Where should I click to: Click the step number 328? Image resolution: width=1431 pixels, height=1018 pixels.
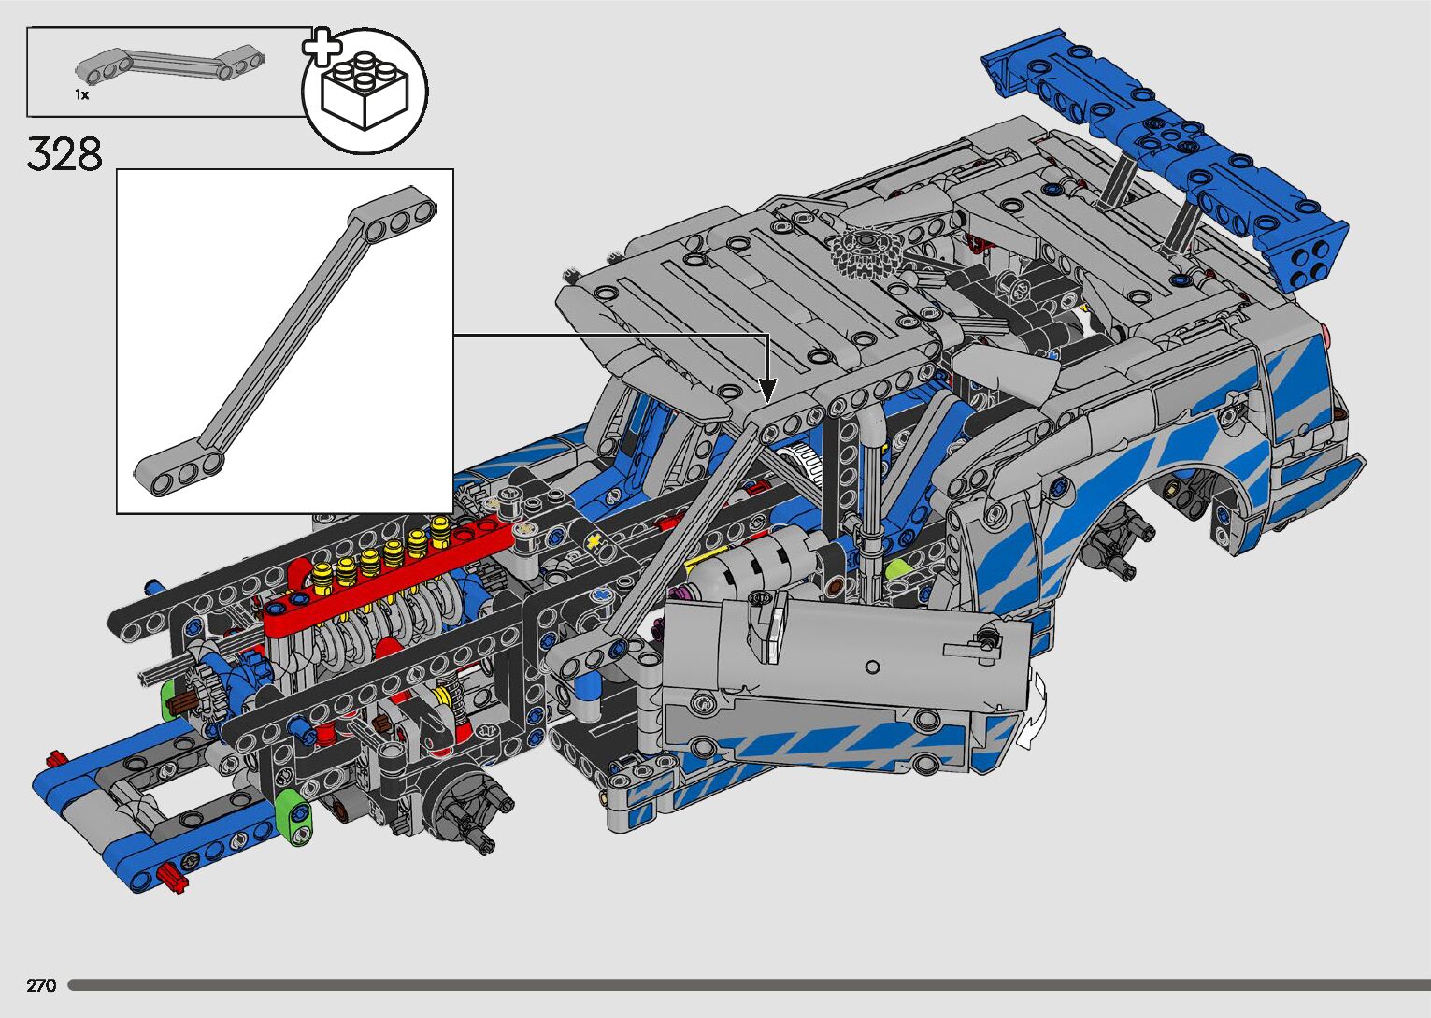coord(64,154)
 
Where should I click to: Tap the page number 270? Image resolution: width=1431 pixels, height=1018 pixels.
coord(41,985)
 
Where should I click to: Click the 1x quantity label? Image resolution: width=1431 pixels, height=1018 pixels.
coord(81,94)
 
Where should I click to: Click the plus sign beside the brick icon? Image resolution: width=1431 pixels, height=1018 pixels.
coord(322,46)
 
